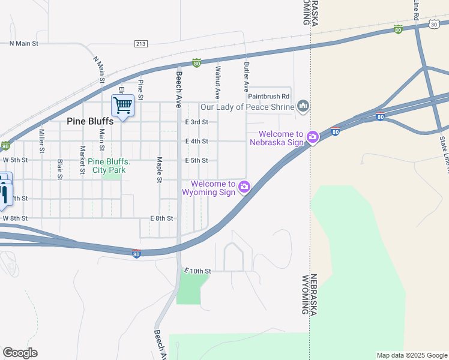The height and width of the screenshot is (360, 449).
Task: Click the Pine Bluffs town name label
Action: pos(90,121)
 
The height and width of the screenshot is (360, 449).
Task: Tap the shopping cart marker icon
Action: pos(122,106)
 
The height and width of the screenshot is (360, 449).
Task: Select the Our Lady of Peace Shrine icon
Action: pos(303,107)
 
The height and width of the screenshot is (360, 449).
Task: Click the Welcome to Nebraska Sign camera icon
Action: pos(313,138)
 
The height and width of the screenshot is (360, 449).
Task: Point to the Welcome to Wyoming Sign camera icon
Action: pos(244,187)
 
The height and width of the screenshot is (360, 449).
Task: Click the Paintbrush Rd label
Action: pos(269,96)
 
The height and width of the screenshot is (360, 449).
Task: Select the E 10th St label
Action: pos(197,271)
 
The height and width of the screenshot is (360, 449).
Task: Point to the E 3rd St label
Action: pos(196,122)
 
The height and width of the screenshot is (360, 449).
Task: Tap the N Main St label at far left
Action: pos(23,44)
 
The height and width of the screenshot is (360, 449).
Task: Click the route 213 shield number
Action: pos(141,44)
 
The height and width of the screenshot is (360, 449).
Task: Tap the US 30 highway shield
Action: pos(434,23)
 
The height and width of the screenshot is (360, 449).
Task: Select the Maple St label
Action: pos(160,170)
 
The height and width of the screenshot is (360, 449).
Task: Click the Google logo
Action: pos(20,353)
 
